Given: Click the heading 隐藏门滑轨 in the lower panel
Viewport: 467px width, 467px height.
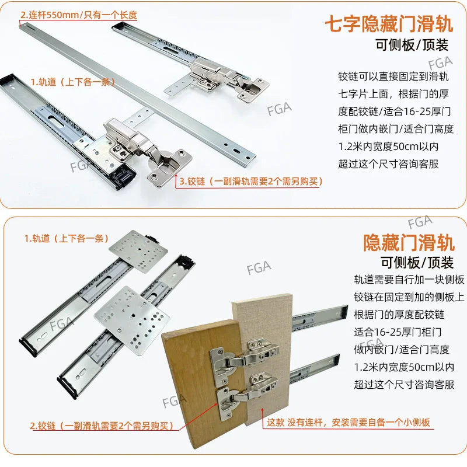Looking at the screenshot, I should coord(408,241).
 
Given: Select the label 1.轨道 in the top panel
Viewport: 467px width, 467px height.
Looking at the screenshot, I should coord(72,82).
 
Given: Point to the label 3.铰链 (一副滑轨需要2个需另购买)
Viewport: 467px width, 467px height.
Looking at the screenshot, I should coord(250,182).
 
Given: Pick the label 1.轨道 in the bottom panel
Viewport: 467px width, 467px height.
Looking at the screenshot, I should coord(65,238).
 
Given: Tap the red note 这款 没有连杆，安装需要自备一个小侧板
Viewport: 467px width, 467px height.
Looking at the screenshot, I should coord(348,422).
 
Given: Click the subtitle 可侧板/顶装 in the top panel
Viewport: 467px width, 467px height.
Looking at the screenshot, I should coord(415,47).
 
